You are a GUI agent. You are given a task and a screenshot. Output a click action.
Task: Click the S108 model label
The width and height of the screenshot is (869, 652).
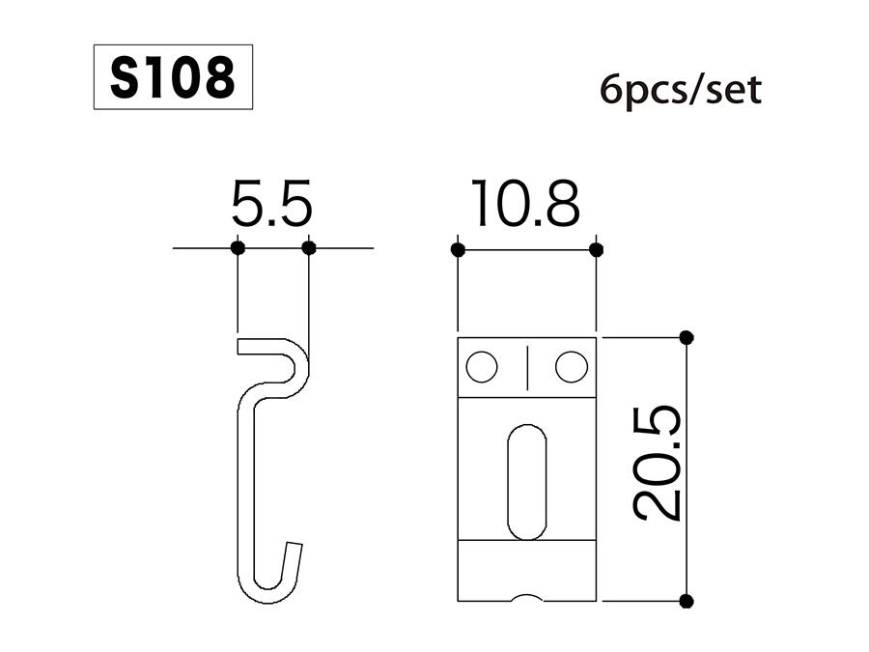pos(172,77)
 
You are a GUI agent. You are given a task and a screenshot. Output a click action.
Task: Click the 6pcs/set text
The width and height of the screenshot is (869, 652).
pos(680,91)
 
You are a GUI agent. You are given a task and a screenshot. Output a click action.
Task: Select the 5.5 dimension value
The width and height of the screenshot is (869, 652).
pos(272,206)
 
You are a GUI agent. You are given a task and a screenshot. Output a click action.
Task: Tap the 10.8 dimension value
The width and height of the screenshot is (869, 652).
pos(526,206)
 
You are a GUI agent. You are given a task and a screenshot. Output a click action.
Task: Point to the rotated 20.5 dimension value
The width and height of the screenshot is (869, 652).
pos(658,464)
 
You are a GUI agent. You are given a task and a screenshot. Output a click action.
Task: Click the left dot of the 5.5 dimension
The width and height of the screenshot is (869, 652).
pos(238,248)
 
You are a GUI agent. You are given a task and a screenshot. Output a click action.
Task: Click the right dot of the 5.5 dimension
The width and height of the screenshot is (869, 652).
pos(309,248)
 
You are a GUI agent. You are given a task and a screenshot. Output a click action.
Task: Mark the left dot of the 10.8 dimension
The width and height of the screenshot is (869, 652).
pos(458,250)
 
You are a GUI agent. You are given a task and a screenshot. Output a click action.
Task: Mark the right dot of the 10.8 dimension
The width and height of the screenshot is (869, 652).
pos(596,250)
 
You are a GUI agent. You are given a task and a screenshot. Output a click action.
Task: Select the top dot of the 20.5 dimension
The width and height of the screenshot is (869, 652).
pos(687,337)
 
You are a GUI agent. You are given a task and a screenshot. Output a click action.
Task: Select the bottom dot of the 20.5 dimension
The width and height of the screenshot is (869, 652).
pos(687,601)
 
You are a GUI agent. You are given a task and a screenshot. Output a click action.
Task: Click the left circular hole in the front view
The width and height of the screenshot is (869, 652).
pos(481,367)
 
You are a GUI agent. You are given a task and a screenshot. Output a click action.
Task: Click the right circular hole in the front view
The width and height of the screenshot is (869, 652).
pos(572,367)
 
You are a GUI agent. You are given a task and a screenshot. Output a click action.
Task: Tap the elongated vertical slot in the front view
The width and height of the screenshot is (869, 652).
pos(526,481)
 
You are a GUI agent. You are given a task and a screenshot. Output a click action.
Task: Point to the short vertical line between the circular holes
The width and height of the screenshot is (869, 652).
pos(526,367)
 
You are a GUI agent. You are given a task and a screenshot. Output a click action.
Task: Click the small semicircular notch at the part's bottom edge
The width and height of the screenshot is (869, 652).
pos(526,597)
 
